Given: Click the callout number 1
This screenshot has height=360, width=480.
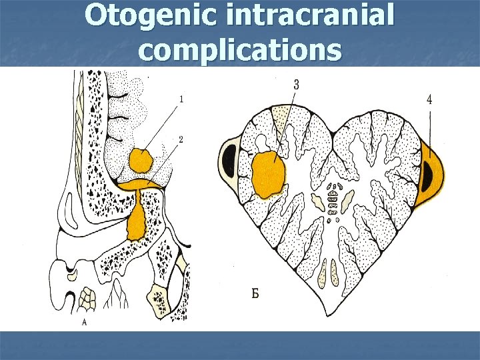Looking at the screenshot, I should click(x=181, y=99).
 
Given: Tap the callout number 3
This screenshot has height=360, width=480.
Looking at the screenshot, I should click(x=295, y=85).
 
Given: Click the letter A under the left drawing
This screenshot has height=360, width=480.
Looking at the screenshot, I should click(x=84, y=322).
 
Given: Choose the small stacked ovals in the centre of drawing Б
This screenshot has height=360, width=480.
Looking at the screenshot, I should click(x=333, y=196).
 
